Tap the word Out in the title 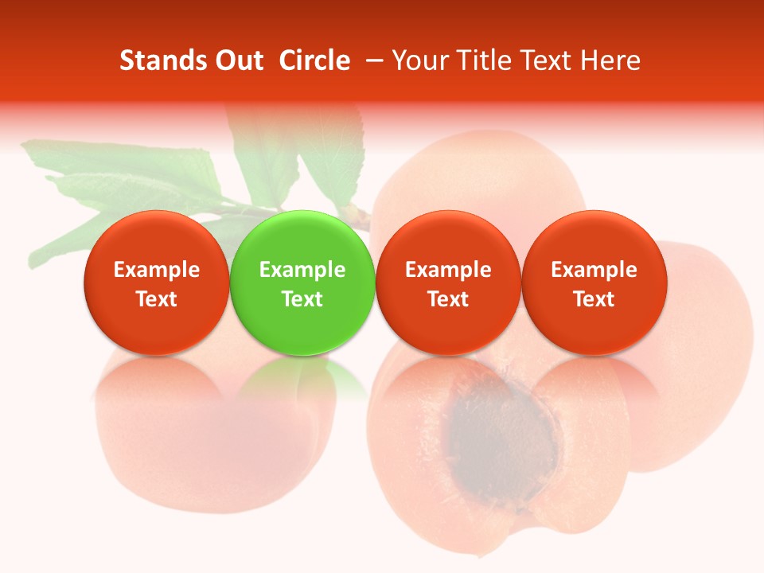pyautogui.click(x=237, y=60)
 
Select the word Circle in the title pyautogui.click(x=314, y=60)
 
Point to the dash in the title pyautogui.click(x=371, y=60)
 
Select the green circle pyautogui.click(x=302, y=283)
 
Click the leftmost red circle pyautogui.click(x=157, y=283)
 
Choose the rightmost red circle pyautogui.click(x=594, y=283)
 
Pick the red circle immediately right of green pyautogui.click(x=448, y=283)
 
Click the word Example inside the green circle pyautogui.click(x=302, y=270)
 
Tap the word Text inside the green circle pyautogui.click(x=302, y=299)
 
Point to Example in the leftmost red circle pyautogui.click(x=157, y=270)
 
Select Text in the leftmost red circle pyautogui.click(x=157, y=299)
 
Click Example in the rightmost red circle pyautogui.click(x=594, y=270)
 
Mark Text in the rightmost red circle pyautogui.click(x=594, y=299)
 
